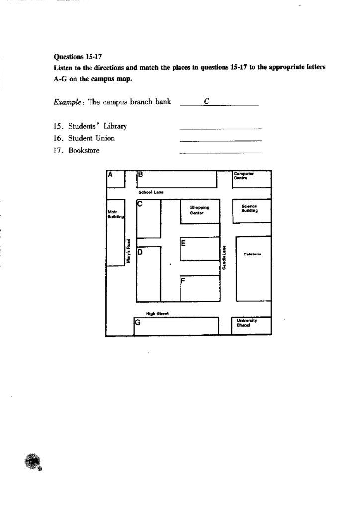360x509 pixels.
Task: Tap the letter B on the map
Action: point(140,174)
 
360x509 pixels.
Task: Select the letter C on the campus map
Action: point(140,204)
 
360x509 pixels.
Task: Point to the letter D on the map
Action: point(140,252)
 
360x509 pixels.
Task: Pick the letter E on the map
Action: point(183,243)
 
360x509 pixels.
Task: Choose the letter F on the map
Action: point(183,281)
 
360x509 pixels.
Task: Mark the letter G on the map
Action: point(138,322)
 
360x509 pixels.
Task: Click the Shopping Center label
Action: point(199,210)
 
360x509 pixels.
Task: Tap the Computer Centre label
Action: point(244,176)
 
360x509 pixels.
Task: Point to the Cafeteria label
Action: point(253,254)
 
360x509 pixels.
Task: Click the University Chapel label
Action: point(247,323)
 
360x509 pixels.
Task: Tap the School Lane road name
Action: point(151,192)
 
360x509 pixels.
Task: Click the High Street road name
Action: point(157,313)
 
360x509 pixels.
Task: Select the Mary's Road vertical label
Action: point(128,250)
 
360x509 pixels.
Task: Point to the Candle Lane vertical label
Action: point(225,257)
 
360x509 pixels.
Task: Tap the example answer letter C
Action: point(206,101)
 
